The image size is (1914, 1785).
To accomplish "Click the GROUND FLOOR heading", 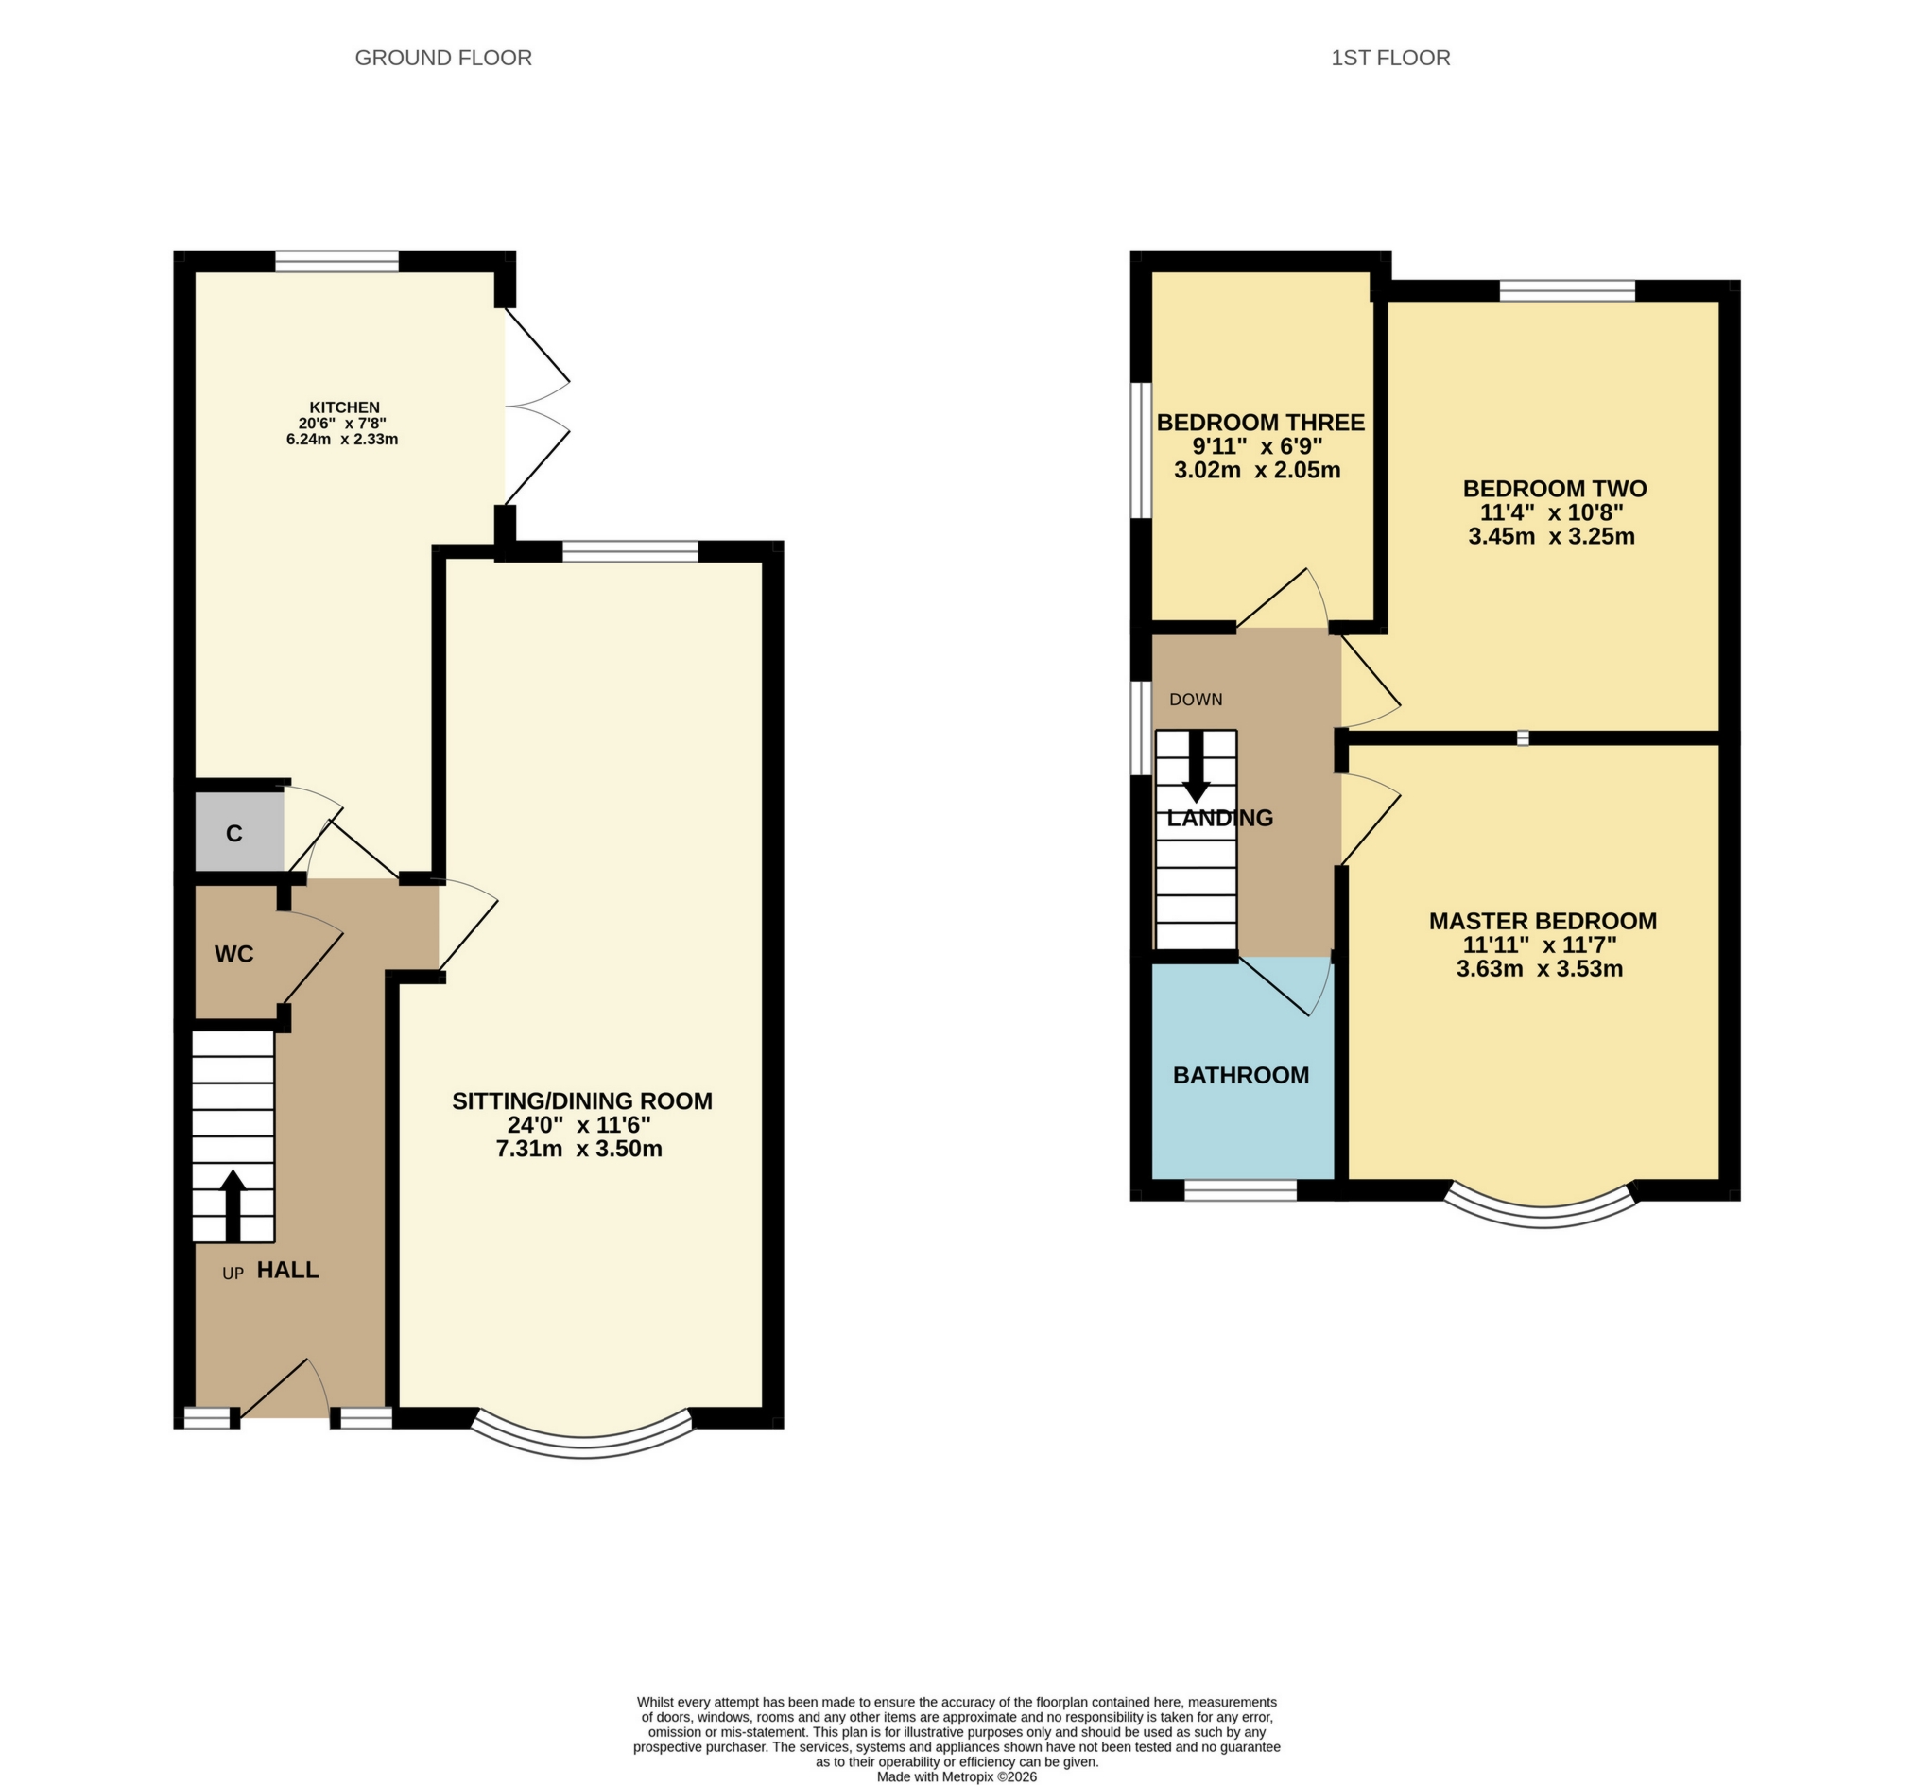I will pos(443,58).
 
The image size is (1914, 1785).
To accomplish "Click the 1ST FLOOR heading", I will pos(1389,58).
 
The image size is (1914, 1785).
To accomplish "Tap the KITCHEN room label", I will pos(344,407).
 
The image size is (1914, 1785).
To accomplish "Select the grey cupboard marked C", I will pos(235,834).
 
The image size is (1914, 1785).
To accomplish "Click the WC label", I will pos(234,954).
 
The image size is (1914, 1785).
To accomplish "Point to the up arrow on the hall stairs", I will pos(233,1204).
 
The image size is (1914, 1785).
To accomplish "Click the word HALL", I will pos(288,1270).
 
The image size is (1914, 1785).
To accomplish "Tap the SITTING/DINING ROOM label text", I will pos(581,1100).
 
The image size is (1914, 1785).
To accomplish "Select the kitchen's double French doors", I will pos(535,406).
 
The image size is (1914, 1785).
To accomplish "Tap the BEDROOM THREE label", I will pos(1259,422).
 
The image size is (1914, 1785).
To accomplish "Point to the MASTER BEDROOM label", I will pos(1542,921).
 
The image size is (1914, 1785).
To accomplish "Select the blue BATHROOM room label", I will pos(1240,1075).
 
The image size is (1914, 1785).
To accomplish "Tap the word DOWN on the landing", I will pos(1196,700).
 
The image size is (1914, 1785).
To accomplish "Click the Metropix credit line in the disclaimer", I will pos(956,1777).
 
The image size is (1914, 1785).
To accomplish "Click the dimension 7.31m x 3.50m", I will pos(578,1149).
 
